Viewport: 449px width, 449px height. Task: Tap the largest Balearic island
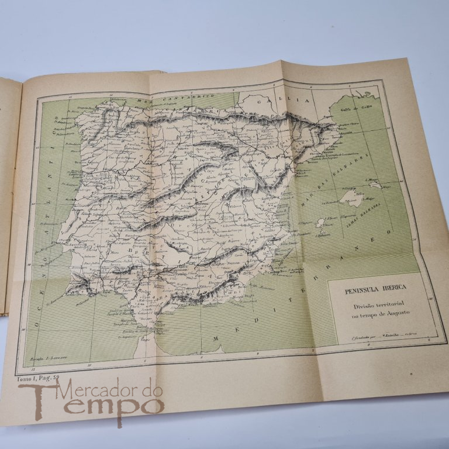(x=351, y=196)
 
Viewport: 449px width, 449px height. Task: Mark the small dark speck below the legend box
(x=412, y=373)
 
